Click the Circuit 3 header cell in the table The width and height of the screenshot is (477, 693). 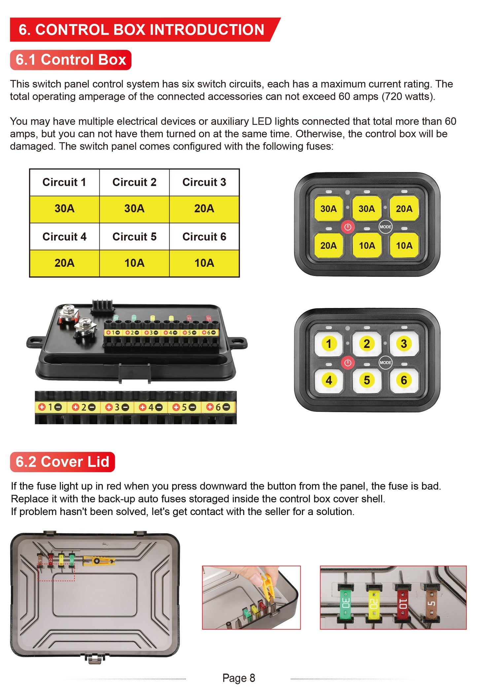pos(204,182)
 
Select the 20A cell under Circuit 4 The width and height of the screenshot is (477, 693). pos(64,263)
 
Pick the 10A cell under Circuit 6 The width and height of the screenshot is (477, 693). pos(204,263)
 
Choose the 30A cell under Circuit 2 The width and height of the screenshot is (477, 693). pos(134,209)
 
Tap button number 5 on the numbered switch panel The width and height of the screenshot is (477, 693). pos(367,380)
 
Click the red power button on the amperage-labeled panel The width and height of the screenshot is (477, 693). pos(348,227)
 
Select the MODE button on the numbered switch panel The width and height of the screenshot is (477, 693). pos(385,363)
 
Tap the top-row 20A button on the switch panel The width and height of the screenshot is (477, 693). pos(404,209)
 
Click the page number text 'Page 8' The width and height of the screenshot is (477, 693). pos(239,678)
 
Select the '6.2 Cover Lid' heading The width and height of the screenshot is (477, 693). pos(62,462)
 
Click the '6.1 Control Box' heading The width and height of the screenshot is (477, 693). pos(71,60)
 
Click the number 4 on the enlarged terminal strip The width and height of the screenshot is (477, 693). pos(151,407)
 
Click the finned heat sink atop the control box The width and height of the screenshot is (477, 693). pos(102,306)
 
